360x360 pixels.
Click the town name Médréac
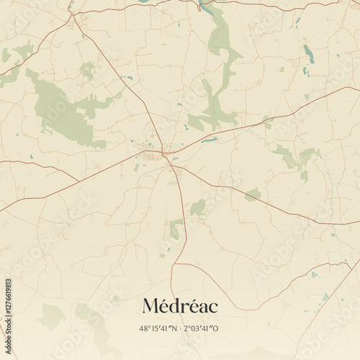pyautogui.click(x=180, y=306)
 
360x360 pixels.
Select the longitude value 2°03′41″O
pyautogui.click(x=202, y=328)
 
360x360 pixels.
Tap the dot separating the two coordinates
pyautogui.click(x=180, y=328)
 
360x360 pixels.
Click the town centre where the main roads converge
pyautogui.click(x=165, y=153)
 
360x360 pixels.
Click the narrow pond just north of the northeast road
pyautogui.click(x=210, y=140)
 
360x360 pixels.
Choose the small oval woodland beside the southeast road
pyautogui.click(x=252, y=194)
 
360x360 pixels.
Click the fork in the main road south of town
pyautogui.click(x=173, y=168)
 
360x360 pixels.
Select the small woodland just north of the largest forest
pyautogui.click(x=87, y=70)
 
